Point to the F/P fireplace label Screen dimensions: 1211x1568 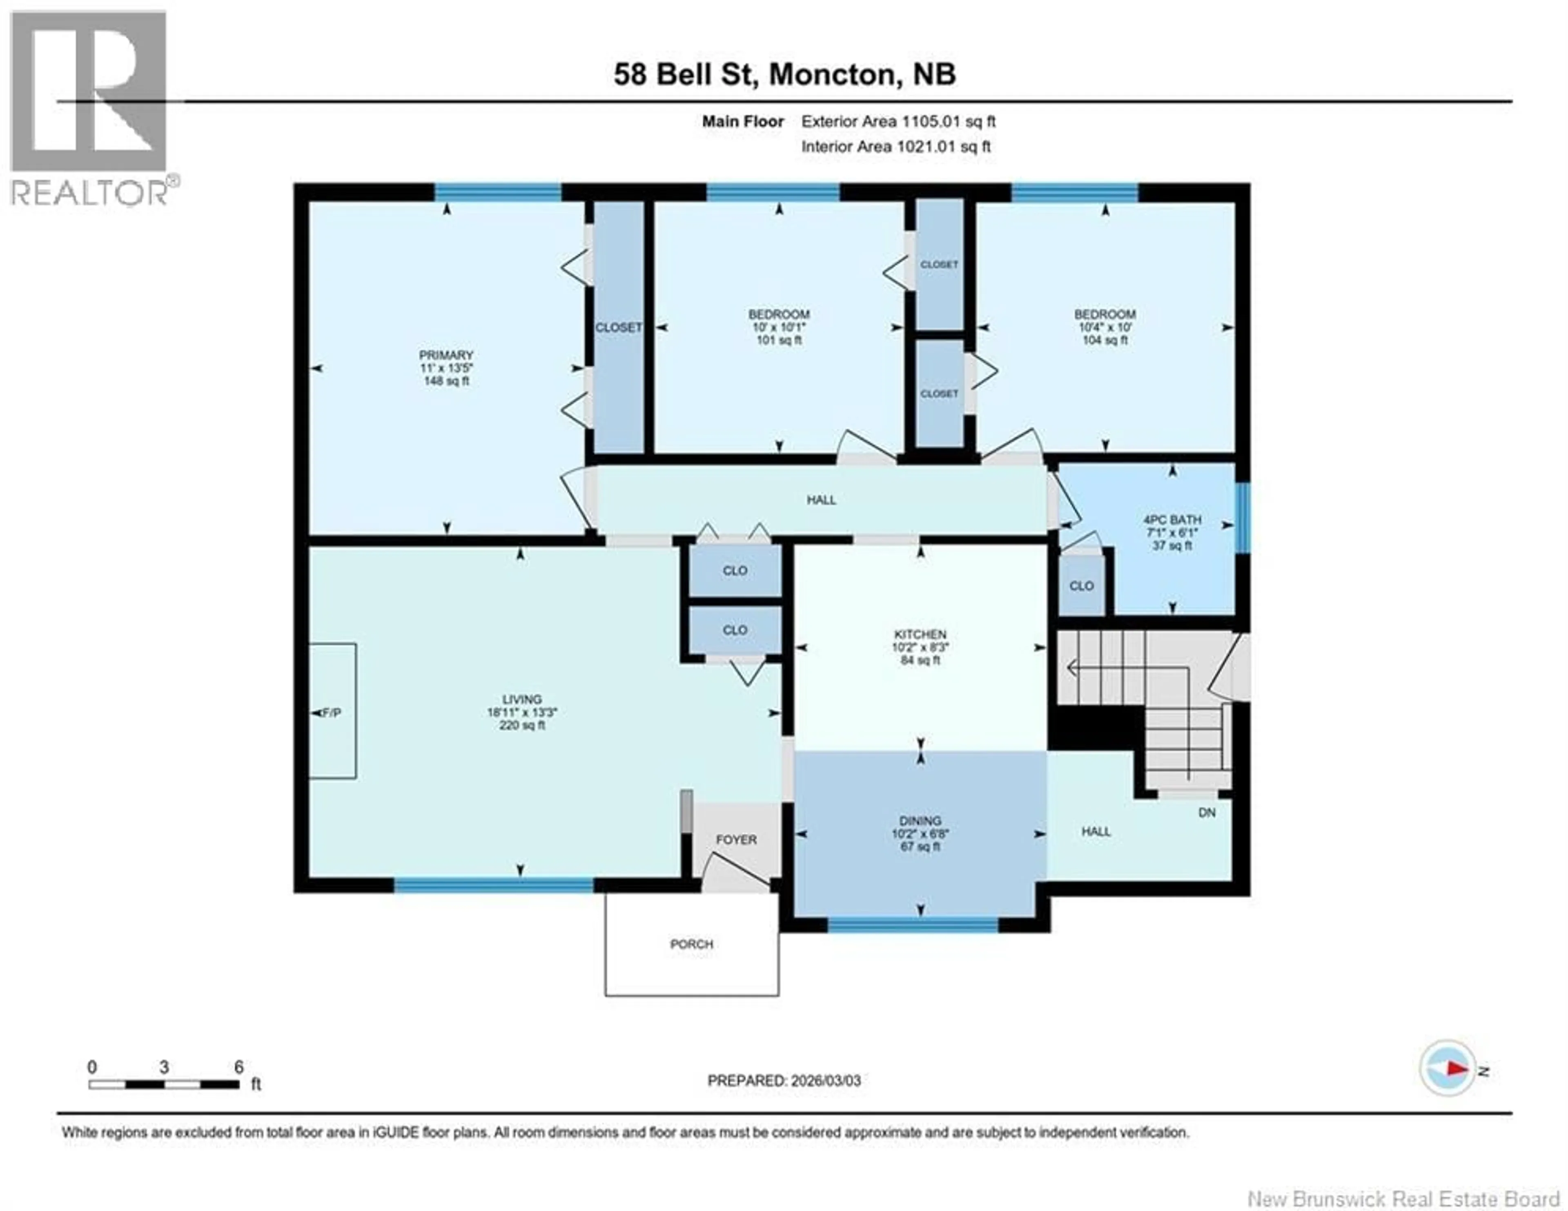coord(331,713)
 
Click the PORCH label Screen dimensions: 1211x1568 coord(691,944)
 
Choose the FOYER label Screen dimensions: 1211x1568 coord(736,839)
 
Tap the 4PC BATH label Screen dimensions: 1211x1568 coord(1172,519)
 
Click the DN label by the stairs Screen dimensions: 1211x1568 coord(1207,812)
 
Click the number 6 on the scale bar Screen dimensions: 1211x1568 coord(238,1067)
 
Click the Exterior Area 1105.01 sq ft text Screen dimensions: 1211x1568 coord(898,121)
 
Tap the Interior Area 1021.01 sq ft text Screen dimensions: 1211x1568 coord(895,147)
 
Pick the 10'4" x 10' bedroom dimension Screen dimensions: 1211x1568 coord(1105,327)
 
